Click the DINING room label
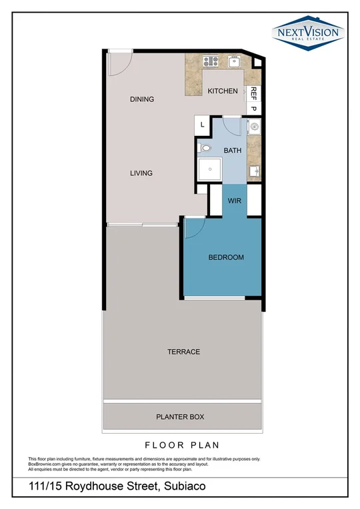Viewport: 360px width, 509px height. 141,99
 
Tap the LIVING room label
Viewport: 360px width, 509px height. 141,173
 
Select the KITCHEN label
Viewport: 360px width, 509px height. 222,91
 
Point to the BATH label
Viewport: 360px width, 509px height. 233,151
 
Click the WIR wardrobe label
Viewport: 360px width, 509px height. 235,200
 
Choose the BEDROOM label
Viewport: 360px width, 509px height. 226,257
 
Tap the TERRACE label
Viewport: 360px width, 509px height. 184,352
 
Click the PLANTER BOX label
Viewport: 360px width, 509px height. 180,417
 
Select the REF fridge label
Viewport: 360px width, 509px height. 253,94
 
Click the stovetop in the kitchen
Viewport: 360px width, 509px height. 211,62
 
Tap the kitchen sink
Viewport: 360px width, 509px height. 234,61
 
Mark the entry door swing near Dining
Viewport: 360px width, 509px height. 117,64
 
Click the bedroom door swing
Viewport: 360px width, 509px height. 193,230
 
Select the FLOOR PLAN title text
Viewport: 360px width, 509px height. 181,445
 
